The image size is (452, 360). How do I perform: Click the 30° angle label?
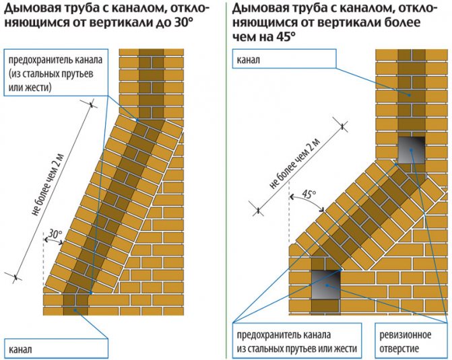tap(55, 234)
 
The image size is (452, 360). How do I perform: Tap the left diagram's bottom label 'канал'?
tap(20, 349)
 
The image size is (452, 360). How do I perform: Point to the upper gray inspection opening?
tap(411, 150)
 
